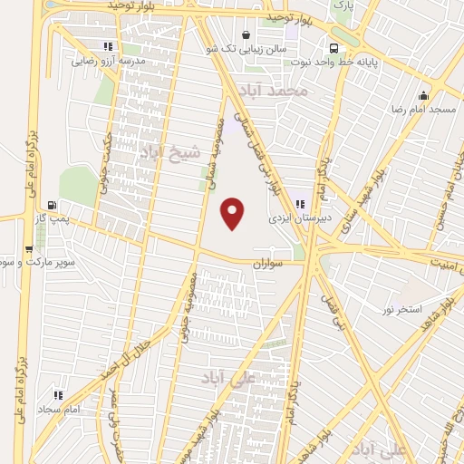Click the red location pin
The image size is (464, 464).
click(234, 213)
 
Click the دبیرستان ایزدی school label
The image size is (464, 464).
click(296, 218)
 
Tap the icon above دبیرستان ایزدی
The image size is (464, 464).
click(299, 203)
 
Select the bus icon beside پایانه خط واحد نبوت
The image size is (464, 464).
click(335, 48)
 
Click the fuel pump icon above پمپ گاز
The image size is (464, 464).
click(52, 206)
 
